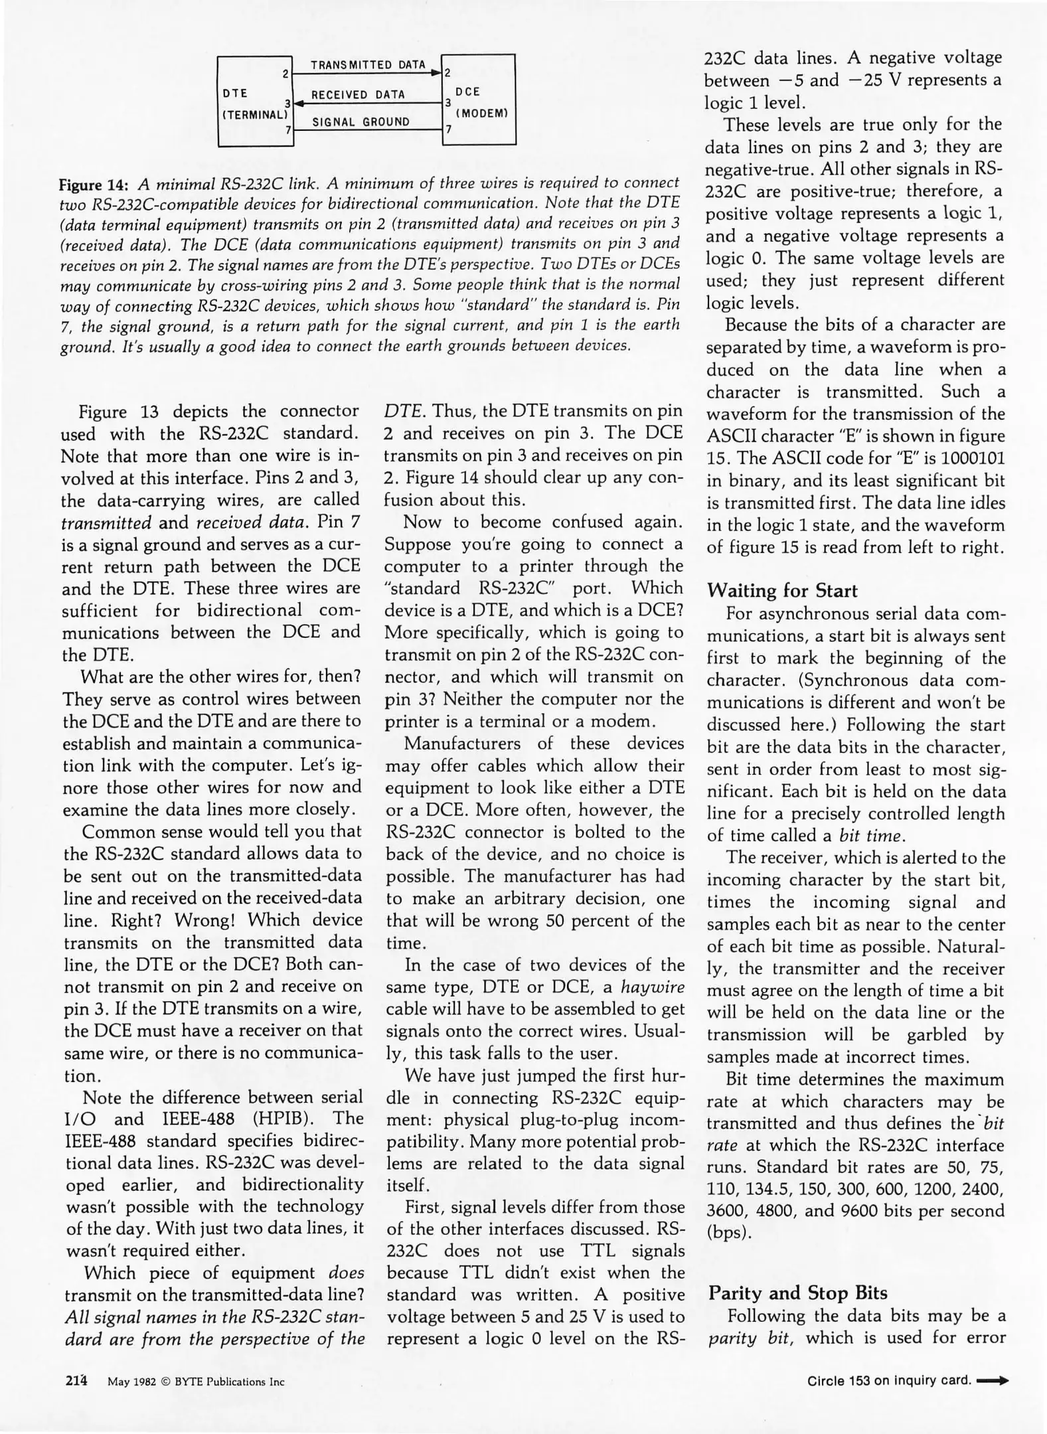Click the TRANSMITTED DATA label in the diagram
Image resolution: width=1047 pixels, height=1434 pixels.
[368, 65]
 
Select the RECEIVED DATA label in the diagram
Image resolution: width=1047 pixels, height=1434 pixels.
[358, 94]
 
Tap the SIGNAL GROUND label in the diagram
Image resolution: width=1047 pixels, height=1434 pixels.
[361, 122]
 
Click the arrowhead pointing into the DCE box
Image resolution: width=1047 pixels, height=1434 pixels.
[437, 72]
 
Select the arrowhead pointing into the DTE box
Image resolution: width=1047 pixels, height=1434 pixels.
[299, 103]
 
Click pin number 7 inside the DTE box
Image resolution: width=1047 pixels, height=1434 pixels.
[288, 131]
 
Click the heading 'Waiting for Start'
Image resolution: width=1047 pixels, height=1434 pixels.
[781, 591]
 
